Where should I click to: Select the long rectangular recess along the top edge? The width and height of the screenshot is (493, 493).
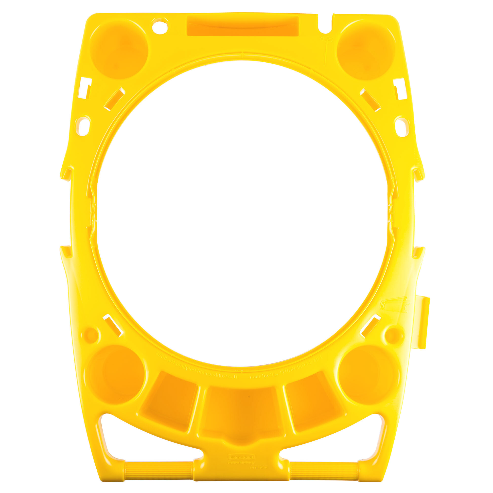tap(242, 26)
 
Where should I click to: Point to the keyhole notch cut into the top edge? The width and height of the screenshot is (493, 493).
tap(325, 26)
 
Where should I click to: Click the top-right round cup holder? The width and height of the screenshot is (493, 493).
tap(366, 50)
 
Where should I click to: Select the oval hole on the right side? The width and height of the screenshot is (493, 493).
tap(402, 127)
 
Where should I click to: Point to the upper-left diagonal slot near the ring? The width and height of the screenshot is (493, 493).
tap(114, 99)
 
